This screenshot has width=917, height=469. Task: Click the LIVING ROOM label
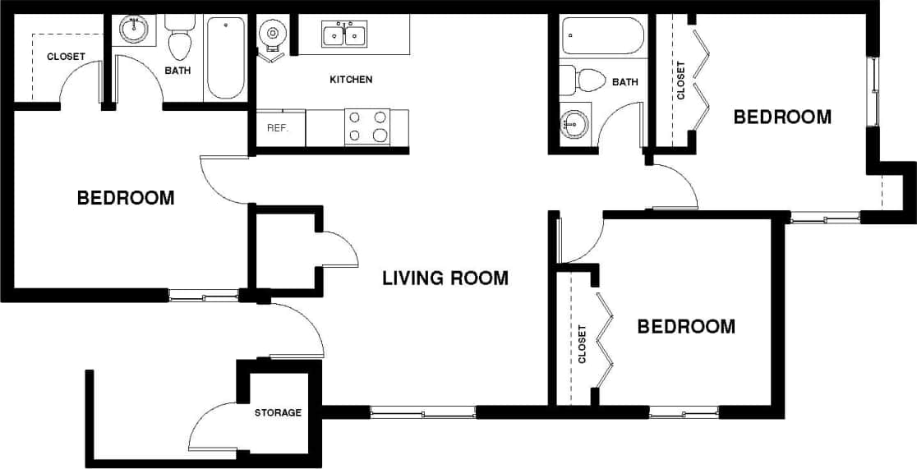pos(445,278)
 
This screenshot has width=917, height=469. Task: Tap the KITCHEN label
pos(351,80)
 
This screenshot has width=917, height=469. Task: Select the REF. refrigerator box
pos(277,128)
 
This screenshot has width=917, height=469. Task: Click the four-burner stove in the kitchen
pos(368,127)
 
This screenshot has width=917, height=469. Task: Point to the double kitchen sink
pos(344,35)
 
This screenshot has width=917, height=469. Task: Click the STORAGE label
pos(278,412)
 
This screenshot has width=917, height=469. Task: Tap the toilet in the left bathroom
pos(178,41)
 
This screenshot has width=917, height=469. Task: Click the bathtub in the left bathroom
pos(225,57)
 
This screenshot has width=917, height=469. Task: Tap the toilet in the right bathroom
pos(585,80)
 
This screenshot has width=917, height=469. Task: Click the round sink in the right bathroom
pos(574,125)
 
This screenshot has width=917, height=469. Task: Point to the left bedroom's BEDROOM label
pos(126,198)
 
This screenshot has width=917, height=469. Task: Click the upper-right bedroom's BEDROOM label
pos(782,117)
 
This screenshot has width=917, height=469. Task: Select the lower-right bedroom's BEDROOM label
pos(686,327)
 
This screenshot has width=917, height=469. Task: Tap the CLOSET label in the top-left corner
pos(65,57)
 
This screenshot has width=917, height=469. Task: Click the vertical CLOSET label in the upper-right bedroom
pos(681,80)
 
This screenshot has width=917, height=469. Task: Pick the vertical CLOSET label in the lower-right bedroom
pos(583,343)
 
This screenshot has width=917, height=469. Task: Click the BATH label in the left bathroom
pos(177,71)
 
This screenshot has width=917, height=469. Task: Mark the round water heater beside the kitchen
pos(271,34)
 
